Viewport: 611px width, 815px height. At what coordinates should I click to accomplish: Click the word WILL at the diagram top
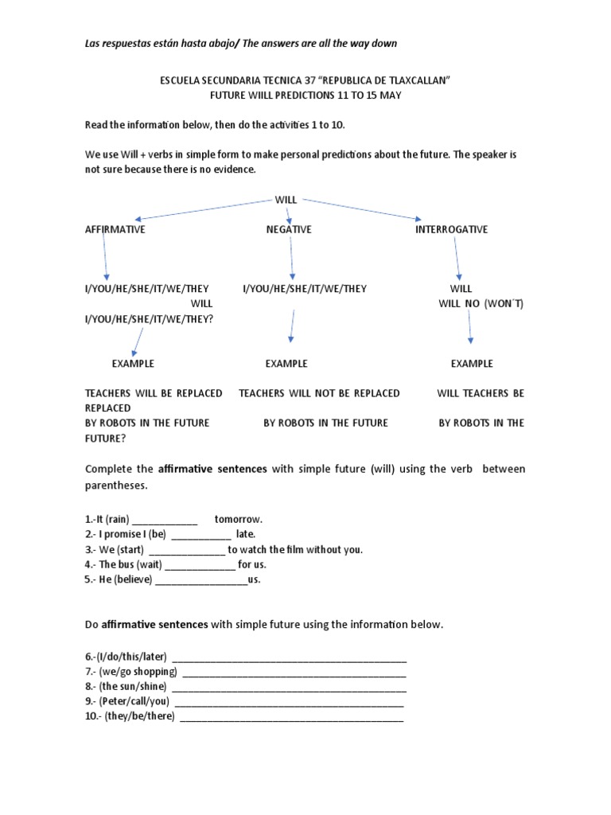[286, 200]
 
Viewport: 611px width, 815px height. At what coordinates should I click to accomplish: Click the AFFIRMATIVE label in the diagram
[115, 229]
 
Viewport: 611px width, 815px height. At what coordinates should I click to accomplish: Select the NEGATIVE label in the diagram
[289, 229]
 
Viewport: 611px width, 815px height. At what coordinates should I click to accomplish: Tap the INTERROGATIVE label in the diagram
[451, 229]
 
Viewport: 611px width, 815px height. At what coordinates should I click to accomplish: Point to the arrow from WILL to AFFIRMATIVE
[203, 209]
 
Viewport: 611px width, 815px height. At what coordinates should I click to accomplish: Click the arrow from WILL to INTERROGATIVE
[362, 208]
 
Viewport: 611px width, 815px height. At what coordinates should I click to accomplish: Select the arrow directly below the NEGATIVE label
[291, 259]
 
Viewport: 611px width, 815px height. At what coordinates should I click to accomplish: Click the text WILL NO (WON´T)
[481, 304]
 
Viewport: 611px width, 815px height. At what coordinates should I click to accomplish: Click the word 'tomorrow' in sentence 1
[238, 519]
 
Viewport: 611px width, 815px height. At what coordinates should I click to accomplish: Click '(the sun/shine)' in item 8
[134, 687]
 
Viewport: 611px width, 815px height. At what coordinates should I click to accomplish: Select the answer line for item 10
[291, 718]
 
